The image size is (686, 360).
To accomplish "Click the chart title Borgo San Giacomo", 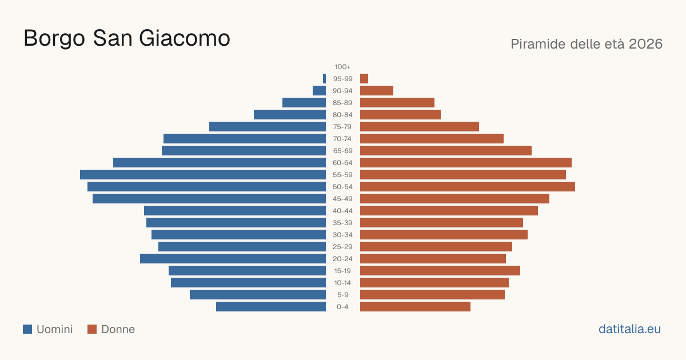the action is (x=127, y=39).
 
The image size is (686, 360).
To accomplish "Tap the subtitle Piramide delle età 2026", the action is (x=587, y=44).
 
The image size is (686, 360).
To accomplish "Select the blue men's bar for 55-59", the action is (x=203, y=174).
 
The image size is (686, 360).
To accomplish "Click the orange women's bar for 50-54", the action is (x=468, y=187).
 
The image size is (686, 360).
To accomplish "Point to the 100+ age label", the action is (x=342, y=67).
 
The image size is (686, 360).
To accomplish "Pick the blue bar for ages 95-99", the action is (x=324, y=79).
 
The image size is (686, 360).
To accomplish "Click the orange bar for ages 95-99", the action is (x=364, y=79).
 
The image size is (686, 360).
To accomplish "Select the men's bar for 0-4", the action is (x=271, y=307).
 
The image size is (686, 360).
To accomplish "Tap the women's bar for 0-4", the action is (x=415, y=307).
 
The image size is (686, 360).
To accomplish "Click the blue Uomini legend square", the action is (x=27, y=329).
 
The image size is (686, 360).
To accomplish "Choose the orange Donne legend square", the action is (x=92, y=329).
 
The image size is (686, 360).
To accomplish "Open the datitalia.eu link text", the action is (x=629, y=329).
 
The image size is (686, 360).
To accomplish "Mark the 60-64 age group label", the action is (x=342, y=163).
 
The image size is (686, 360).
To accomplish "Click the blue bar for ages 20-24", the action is (x=233, y=259).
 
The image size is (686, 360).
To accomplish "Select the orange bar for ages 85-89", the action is (x=397, y=102).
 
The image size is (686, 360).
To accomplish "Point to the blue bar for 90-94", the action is (x=319, y=91).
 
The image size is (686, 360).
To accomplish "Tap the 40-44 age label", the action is (x=342, y=211).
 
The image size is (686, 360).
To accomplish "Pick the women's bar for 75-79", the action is (x=420, y=127).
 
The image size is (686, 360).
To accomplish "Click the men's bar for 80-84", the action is (x=290, y=115).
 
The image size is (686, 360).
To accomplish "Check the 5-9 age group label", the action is (x=342, y=295).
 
